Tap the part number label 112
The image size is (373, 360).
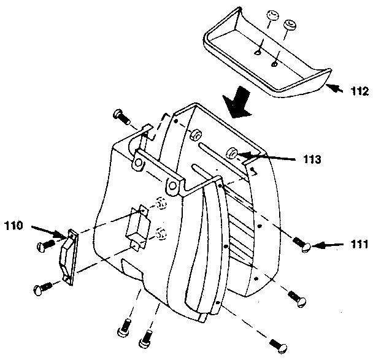[x=360, y=92]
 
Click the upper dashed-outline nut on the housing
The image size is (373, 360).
[x=161, y=203]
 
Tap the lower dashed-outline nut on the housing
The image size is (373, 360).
[x=161, y=232]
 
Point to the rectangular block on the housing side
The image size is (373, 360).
[x=136, y=229]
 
